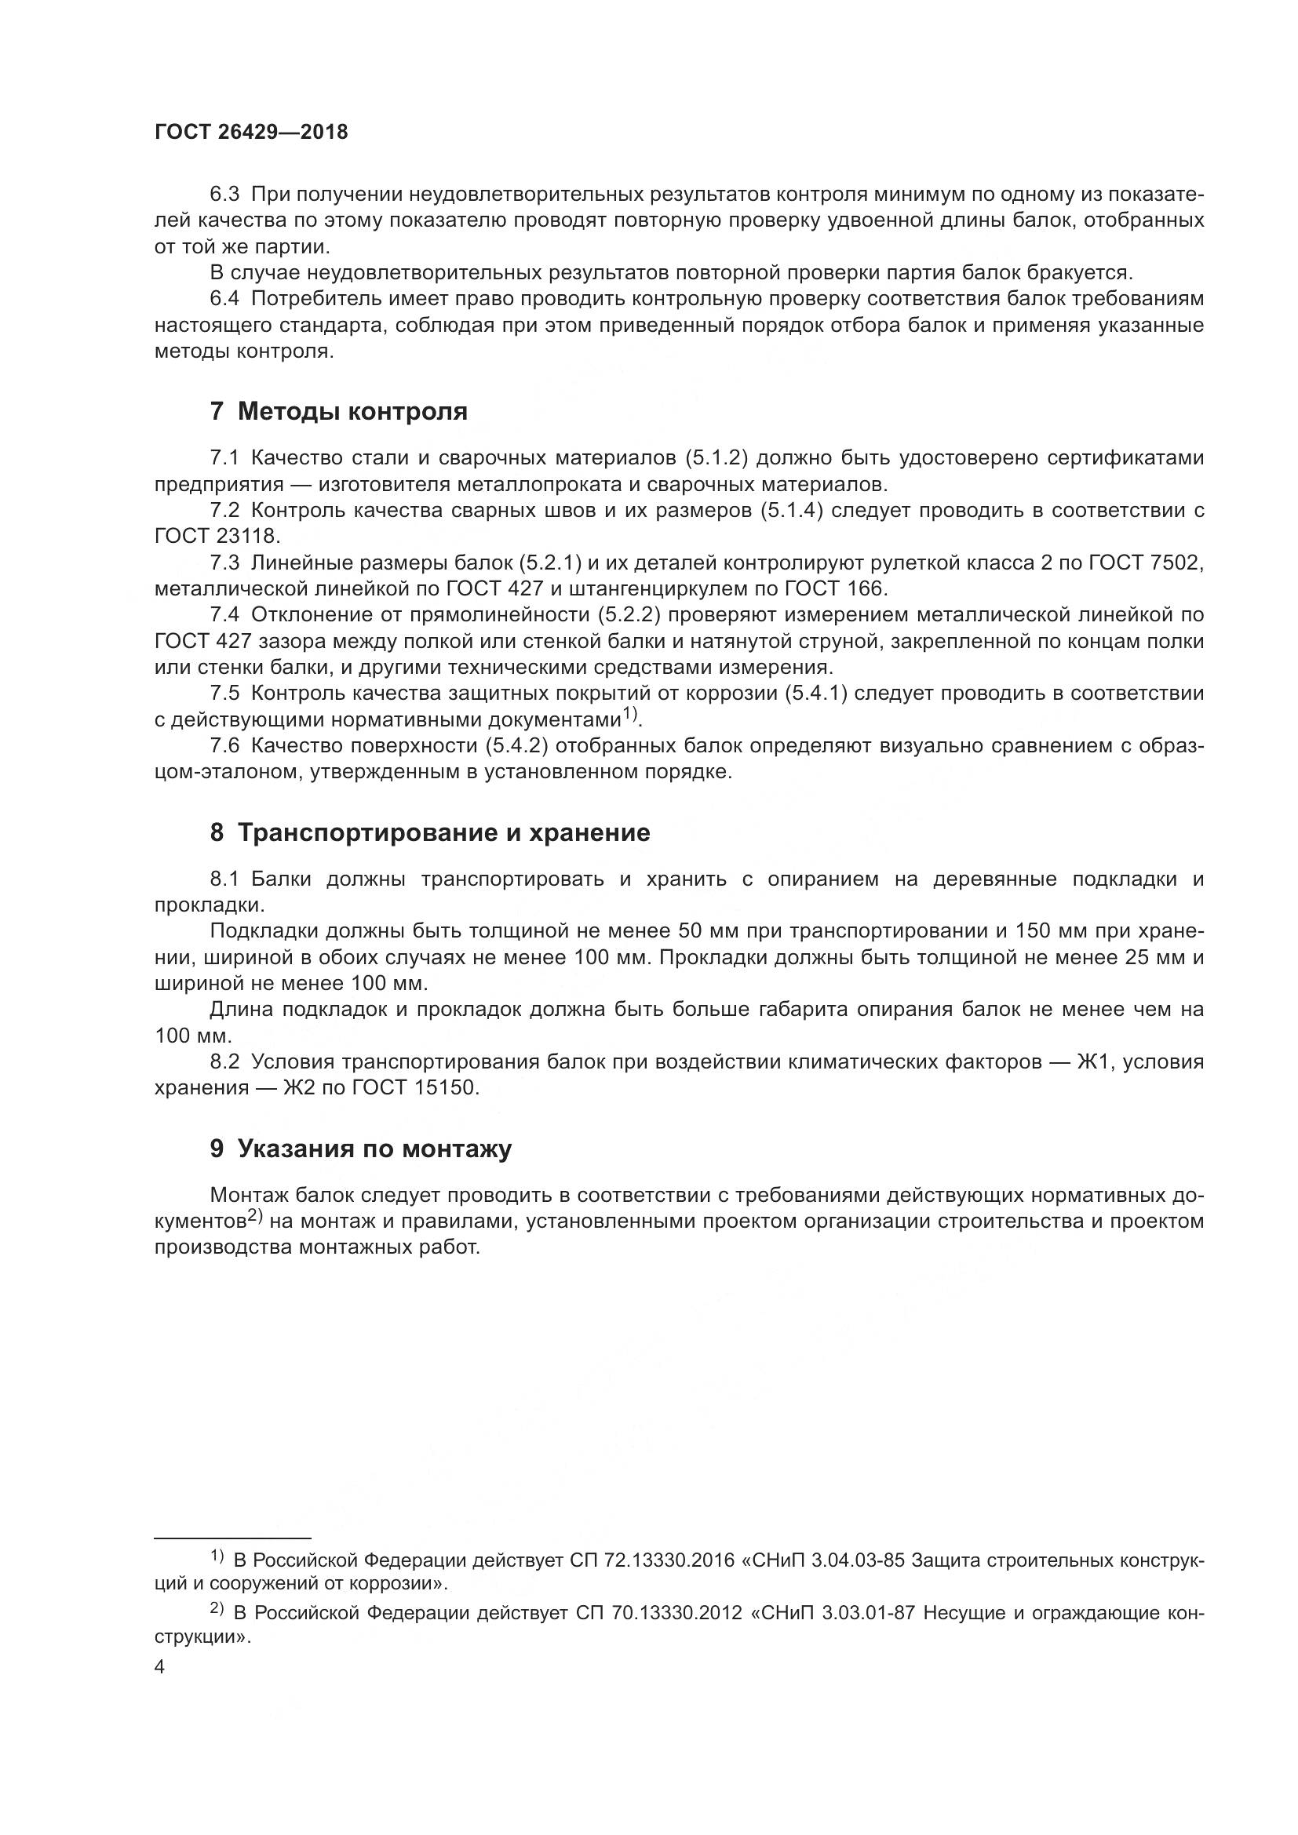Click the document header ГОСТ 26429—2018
[x=251, y=133]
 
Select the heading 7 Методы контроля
[x=338, y=413]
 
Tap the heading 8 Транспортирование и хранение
[x=430, y=834]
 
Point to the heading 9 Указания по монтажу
[x=360, y=1149]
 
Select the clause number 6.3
[x=224, y=195]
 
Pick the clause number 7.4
[x=224, y=614]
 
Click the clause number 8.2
[x=224, y=1062]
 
